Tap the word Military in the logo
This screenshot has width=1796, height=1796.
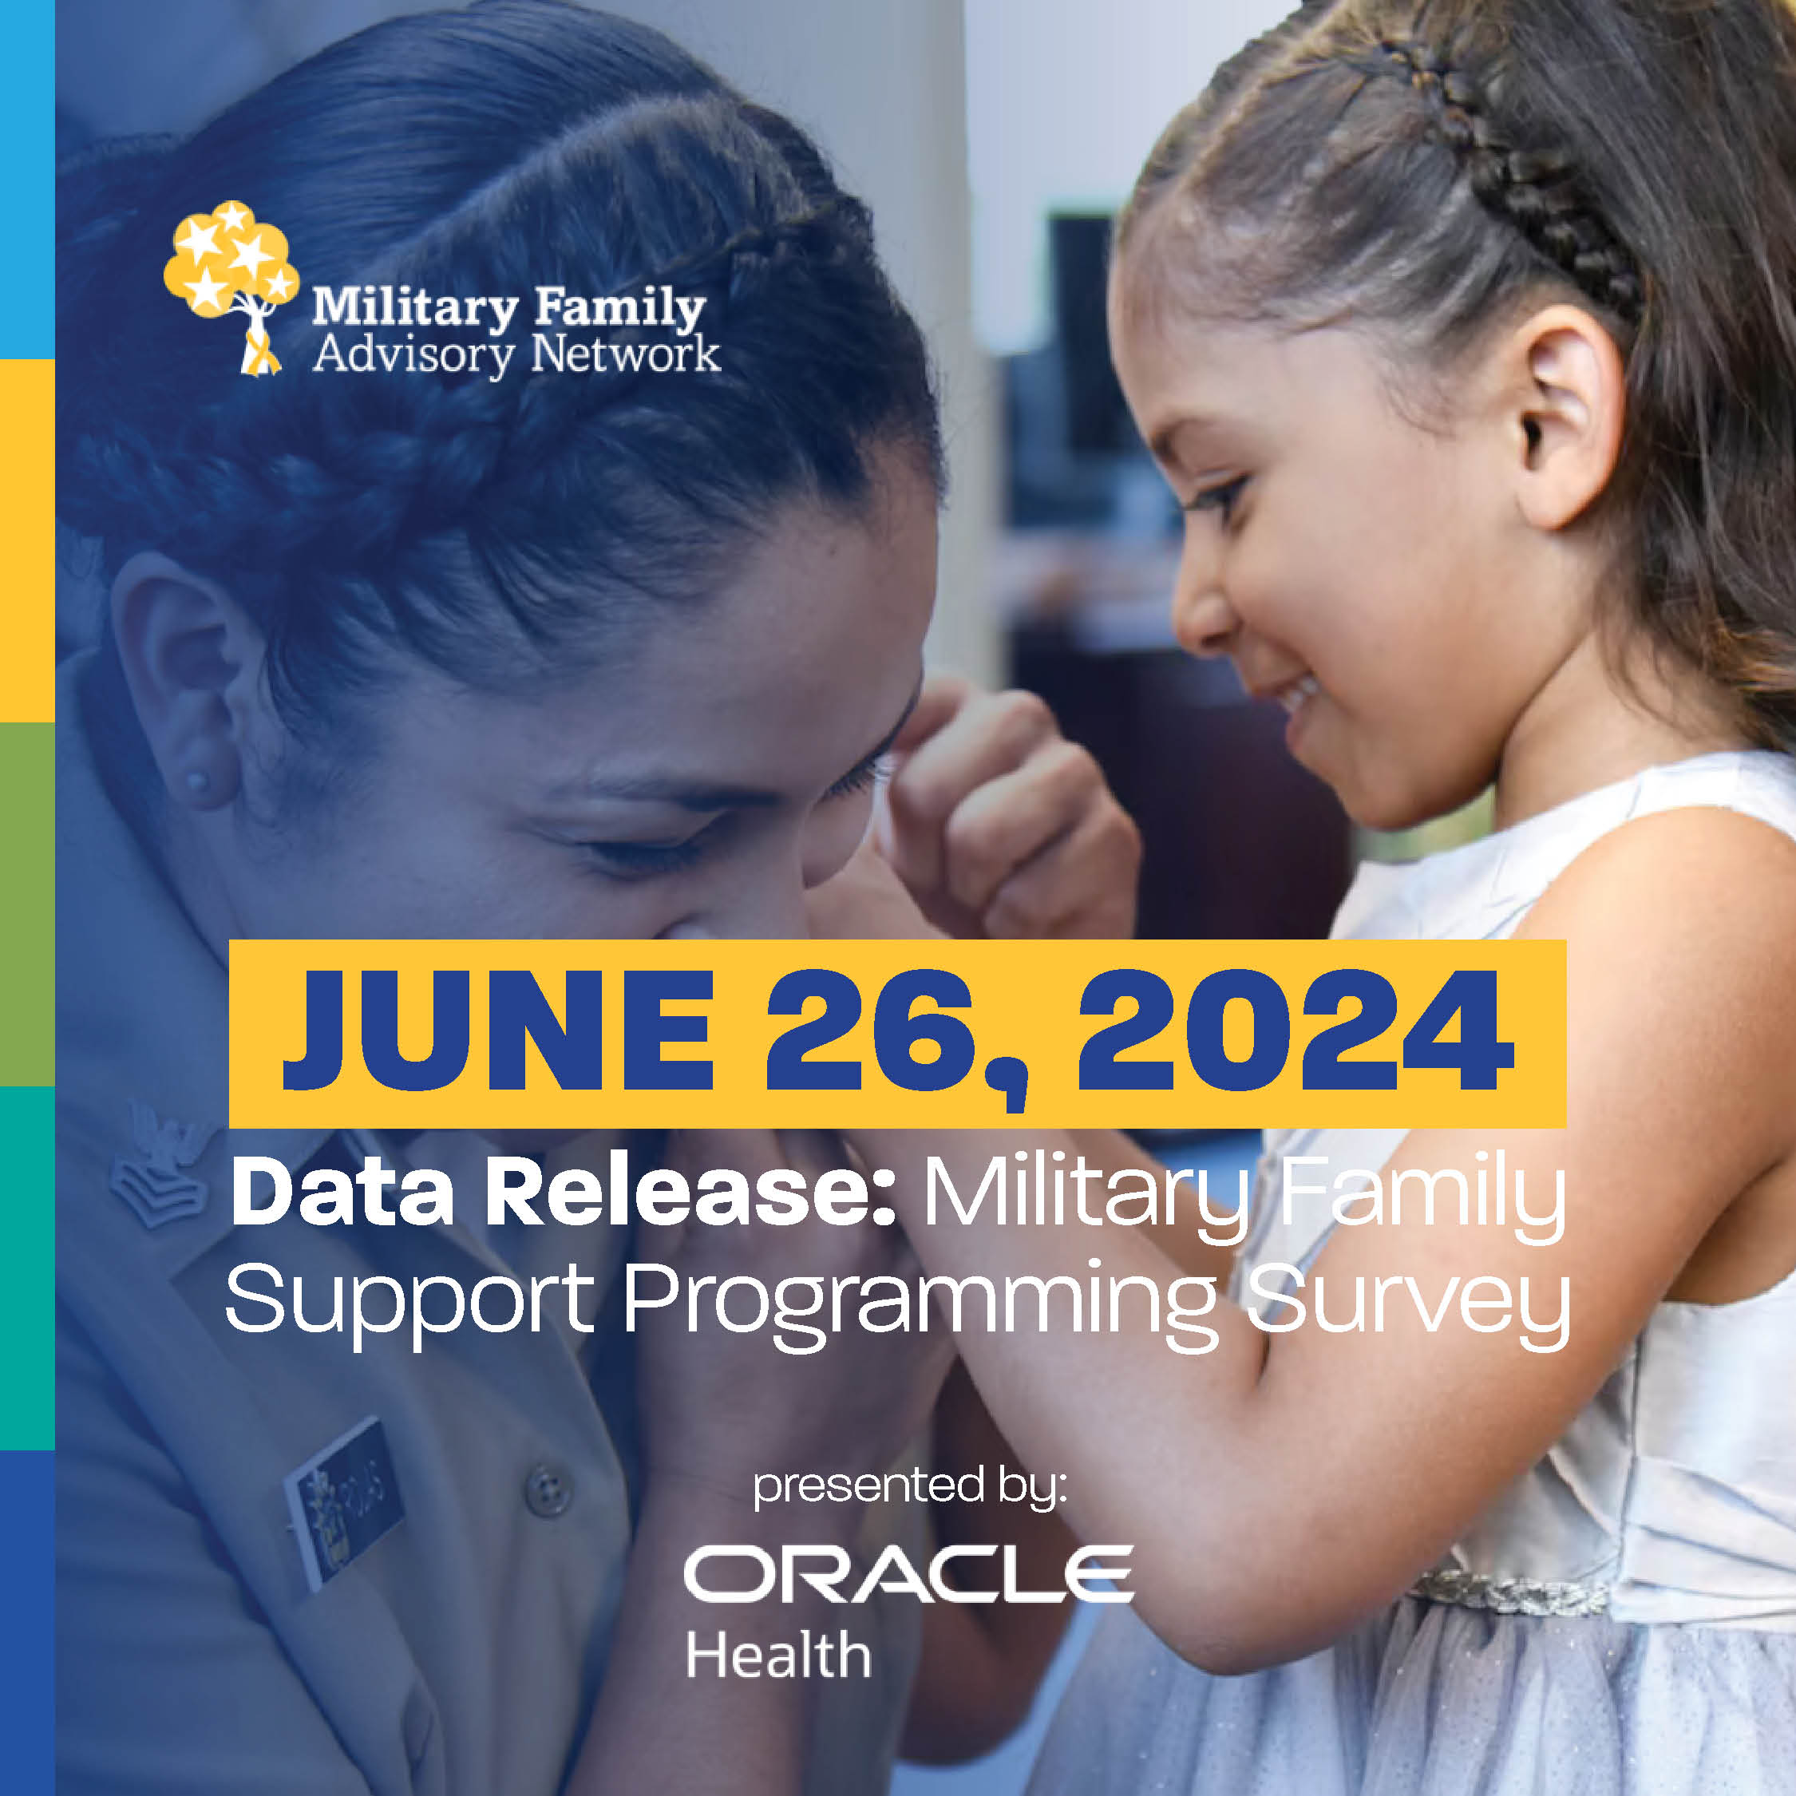click(x=414, y=310)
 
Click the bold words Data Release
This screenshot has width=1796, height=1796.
click(x=563, y=1193)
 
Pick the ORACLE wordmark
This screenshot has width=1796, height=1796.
click(x=908, y=1574)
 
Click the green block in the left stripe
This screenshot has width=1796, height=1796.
click(x=27, y=904)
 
